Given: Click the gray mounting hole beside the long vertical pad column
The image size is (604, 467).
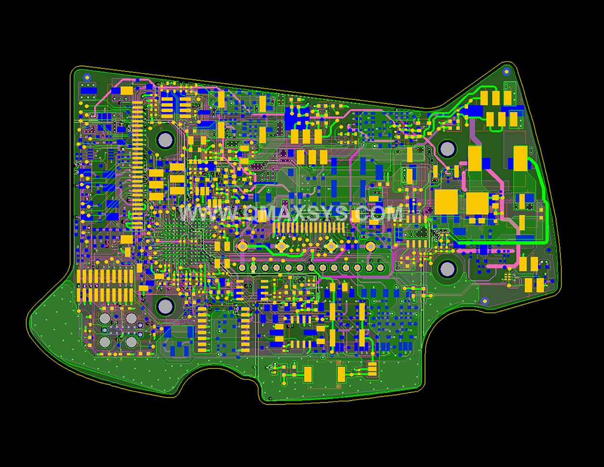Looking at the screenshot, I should [x=165, y=140].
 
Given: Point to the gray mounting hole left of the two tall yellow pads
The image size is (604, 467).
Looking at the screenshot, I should [x=448, y=149].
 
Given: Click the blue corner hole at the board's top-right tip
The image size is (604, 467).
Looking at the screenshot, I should [x=506, y=72].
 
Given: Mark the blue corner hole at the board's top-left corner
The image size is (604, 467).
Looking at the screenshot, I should [x=87, y=77].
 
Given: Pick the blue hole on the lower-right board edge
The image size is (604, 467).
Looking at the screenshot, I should [x=485, y=301].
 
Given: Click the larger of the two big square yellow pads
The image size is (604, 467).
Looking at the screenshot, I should [x=446, y=202].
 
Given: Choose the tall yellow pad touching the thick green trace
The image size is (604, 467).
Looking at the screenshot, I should [x=520, y=158].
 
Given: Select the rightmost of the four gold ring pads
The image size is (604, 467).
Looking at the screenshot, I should [x=370, y=246].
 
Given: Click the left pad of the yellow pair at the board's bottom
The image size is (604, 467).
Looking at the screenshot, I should [x=308, y=374].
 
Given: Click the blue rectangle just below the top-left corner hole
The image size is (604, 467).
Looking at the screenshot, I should [x=88, y=90].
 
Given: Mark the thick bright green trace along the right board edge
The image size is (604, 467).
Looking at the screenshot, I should [x=545, y=202].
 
